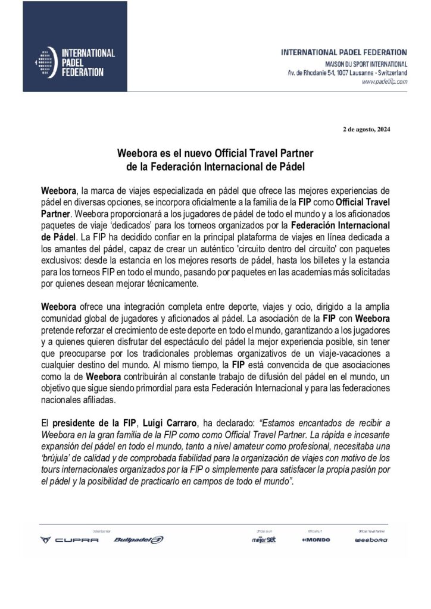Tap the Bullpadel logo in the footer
(x=138, y=540)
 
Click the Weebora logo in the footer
(x=370, y=540)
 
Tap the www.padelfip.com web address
(x=385, y=82)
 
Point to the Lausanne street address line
(x=348, y=72)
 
